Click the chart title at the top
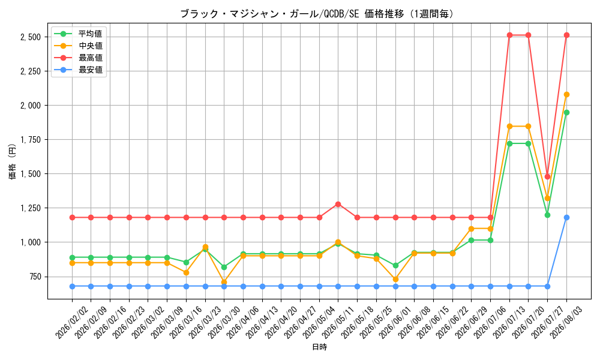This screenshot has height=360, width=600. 317,14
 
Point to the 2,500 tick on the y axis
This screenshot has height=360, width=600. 31,37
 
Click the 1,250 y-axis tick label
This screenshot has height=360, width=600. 31,208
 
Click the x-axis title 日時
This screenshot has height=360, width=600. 320,347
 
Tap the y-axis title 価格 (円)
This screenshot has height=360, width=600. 13,161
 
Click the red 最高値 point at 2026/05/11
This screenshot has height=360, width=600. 338,204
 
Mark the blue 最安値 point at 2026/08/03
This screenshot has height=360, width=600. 567,217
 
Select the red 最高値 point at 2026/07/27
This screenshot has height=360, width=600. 547,176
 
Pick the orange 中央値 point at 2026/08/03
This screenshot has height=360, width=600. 567,94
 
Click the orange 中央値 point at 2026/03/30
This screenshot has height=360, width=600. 224,282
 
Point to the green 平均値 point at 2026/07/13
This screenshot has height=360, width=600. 509,143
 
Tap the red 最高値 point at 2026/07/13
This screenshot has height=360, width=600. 509,35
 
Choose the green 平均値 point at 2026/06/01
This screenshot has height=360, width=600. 395,265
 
